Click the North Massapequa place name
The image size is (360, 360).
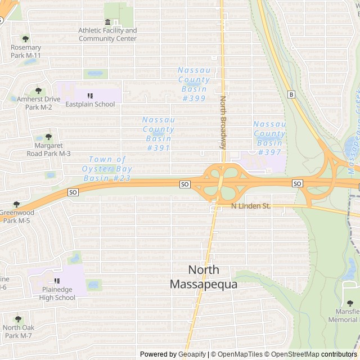click(204, 277)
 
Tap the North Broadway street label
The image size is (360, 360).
click(223, 122)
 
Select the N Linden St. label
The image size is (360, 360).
click(251, 206)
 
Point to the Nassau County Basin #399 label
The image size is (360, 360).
click(193, 84)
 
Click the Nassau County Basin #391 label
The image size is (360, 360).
click(158, 133)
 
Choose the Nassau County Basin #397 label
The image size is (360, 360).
click(269, 138)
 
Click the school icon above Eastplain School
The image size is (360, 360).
click(90, 96)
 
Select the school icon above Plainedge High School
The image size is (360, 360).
click(57, 281)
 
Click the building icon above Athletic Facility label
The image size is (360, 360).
click(107, 22)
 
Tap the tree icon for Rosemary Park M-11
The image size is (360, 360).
click(25, 39)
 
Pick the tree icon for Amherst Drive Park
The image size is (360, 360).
click(38, 90)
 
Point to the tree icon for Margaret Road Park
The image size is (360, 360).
click(48, 137)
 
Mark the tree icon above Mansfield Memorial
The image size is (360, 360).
click(350, 303)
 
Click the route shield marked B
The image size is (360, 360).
click(291, 94)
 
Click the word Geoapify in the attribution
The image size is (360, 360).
click(192, 354)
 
